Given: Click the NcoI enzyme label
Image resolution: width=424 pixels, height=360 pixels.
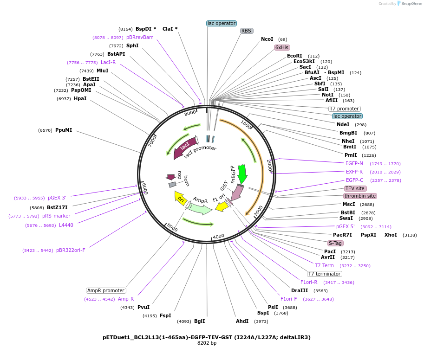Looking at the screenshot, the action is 267,39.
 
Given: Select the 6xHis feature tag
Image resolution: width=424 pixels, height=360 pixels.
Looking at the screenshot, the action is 282,47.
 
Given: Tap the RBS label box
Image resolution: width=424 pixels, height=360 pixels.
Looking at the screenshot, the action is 246,31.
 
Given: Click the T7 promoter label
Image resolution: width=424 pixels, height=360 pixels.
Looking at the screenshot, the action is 344,109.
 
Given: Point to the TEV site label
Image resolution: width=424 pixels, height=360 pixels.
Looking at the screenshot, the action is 355,188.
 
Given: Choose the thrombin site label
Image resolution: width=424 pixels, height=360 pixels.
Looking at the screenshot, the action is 360,196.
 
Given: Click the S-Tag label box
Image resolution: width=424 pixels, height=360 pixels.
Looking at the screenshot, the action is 335,243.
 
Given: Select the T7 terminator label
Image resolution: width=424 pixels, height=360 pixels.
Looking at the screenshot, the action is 325,274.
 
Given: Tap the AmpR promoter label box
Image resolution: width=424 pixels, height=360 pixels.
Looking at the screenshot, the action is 106,290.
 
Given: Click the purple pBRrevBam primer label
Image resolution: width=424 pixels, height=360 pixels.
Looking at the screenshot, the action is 140,37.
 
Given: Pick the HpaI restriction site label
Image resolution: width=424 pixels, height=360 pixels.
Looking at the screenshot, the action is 80,98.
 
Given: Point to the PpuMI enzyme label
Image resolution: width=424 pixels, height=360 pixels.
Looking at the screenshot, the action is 64,130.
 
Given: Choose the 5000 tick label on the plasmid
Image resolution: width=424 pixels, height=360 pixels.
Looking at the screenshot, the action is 172,228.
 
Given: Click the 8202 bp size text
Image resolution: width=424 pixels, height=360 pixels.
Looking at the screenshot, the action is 206,343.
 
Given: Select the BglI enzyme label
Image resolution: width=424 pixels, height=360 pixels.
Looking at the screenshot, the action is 199,321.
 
